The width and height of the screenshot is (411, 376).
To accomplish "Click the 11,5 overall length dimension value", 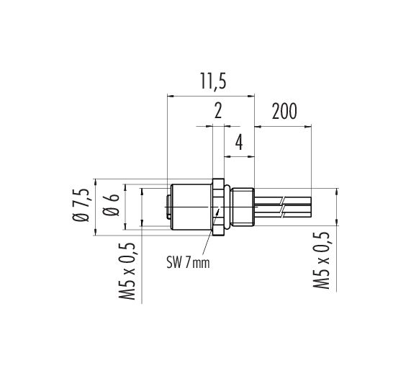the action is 213,81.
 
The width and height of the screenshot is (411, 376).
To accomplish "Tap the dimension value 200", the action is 284,111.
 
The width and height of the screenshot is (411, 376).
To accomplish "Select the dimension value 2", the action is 218,111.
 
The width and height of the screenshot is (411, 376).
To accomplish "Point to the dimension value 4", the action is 239,142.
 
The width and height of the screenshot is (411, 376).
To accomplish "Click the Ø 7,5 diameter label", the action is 80,205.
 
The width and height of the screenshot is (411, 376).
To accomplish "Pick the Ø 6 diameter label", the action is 112,205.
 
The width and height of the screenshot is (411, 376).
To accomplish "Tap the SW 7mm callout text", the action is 188,262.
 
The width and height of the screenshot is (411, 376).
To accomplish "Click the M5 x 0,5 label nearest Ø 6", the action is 127,272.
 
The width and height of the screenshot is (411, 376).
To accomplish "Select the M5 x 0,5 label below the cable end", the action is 321,260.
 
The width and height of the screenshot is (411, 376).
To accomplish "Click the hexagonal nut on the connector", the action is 218,207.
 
